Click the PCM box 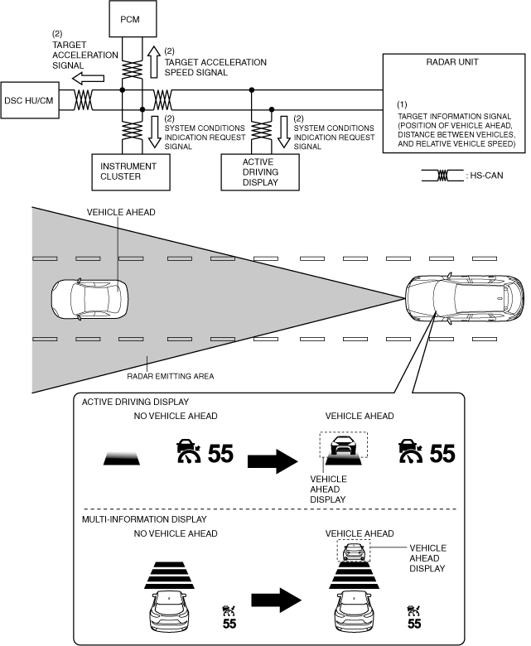[x=131, y=17]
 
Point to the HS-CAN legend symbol [x=442, y=176]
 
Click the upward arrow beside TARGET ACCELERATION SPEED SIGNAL [x=153, y=60]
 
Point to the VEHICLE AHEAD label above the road [x=121, y=212]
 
